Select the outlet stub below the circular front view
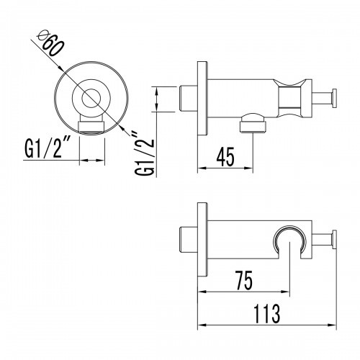[x=90, y=127]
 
